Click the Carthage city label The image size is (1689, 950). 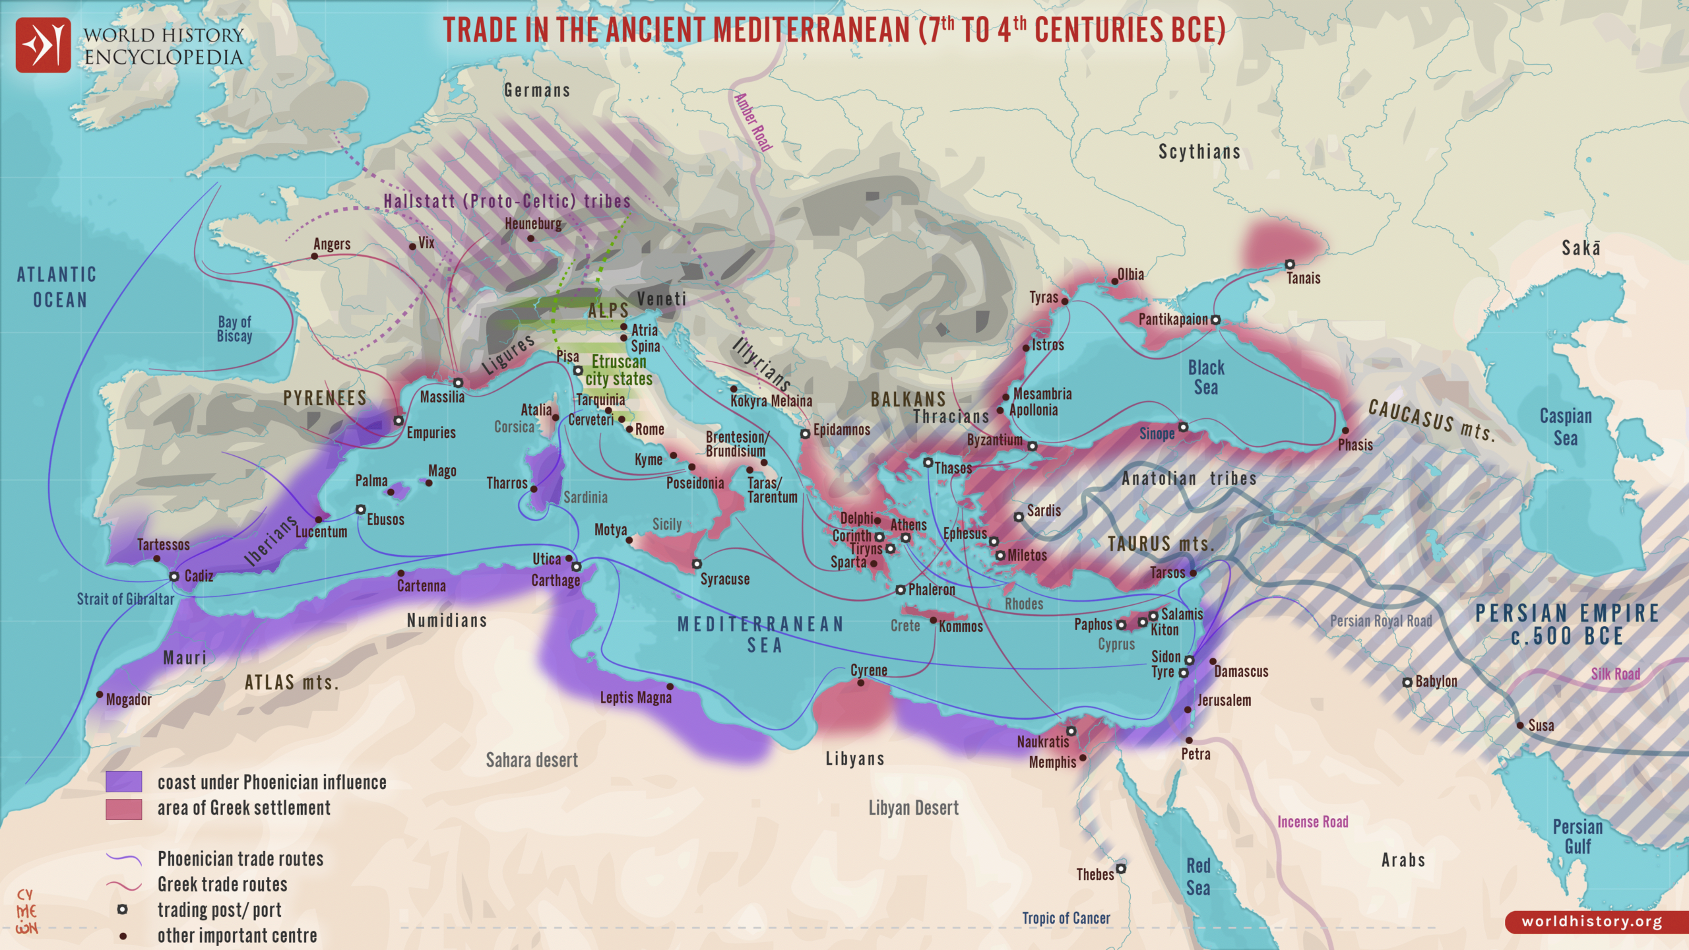pos(556,581)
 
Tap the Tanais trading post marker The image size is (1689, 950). pos(1289,265)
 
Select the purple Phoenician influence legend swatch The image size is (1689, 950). pos(123,782)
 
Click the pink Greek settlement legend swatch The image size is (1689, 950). pos(123,809)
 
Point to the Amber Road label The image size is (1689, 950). pos(753,122)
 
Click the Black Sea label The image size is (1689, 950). pos(1205,377)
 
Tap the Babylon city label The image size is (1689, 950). pos(1436,681)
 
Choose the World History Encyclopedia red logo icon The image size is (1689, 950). pos(43,45)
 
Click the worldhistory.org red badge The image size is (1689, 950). pos(1592,922)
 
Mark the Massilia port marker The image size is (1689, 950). pos(458,383)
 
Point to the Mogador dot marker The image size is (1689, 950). pos(100,695)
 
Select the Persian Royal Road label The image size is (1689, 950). pos(1380,621)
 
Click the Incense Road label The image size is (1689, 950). pos(1312,822)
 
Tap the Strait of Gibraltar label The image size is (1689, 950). pos(125,599)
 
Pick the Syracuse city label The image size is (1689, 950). pos(724,579)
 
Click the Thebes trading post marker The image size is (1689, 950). pos(1120,868)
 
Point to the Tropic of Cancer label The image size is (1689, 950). pos(1066,918)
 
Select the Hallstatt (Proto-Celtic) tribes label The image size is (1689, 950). pos(507,201)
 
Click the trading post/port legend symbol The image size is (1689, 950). pos(122,910)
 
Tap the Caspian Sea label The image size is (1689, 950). pos(1565,427)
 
